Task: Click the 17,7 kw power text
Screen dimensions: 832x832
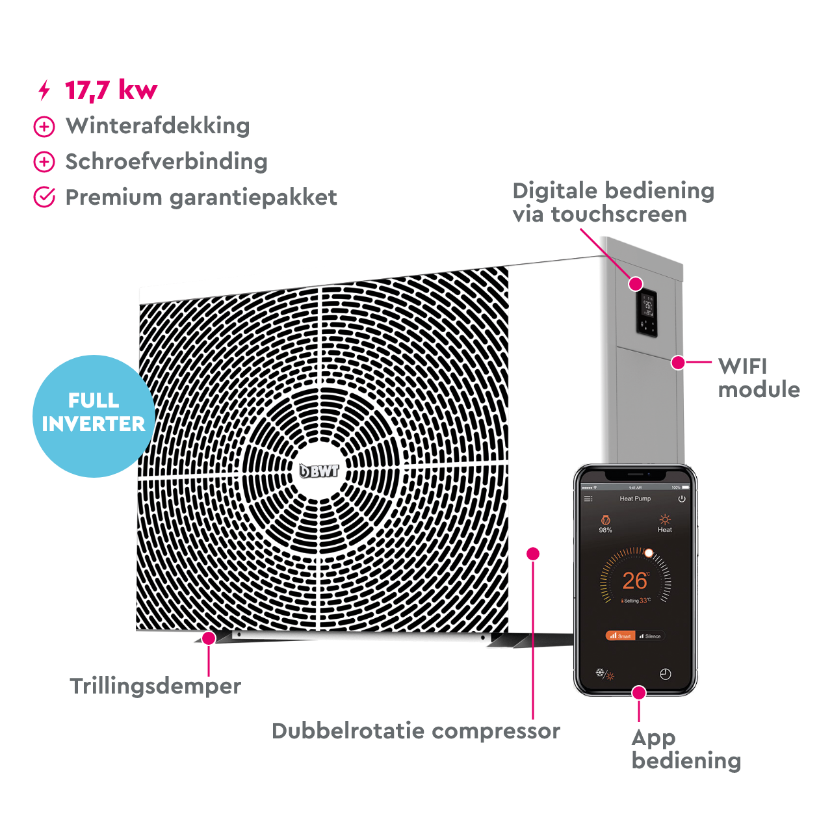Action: (110, 90)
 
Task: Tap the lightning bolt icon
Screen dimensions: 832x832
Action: (44, 91)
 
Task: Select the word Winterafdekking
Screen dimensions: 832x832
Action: (157, 126)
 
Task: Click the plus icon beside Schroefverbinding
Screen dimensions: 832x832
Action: (44, 162)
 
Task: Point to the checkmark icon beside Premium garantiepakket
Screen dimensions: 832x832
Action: (44, 197)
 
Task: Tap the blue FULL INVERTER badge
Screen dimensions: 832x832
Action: (94, 412)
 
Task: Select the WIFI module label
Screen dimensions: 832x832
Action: (758, 378)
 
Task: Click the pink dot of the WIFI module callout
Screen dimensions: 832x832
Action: (678, 362)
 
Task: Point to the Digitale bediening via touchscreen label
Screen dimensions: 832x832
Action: (612, 202)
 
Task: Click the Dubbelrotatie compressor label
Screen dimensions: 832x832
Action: (416, 731)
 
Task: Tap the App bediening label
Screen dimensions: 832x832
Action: (685, 749)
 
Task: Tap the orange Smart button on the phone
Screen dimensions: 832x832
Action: (620, 636)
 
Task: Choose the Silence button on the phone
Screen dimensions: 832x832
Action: (650, 636)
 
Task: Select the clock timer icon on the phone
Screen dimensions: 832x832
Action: (665, 674)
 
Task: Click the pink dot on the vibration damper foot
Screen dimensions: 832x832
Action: (209, 638)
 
